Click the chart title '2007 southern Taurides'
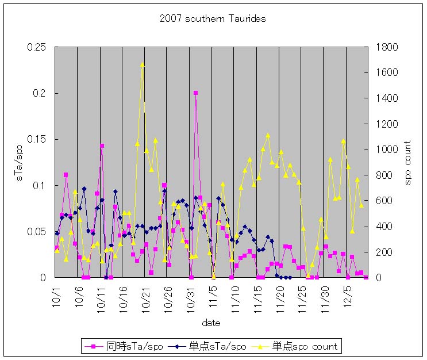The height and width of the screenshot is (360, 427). coord(213,19)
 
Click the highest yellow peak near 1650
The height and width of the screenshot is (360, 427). coord(142,65)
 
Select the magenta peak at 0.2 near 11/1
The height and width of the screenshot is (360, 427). coord(195,93)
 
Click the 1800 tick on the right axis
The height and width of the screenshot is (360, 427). coord(386,47)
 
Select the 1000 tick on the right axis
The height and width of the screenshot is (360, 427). coord(386,150)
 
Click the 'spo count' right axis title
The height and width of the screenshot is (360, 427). coord(408,162)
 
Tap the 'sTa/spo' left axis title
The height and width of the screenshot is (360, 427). coord(18,162)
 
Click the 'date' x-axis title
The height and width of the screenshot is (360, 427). coord(211,323)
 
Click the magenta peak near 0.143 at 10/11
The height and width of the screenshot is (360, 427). coord(102,146)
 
